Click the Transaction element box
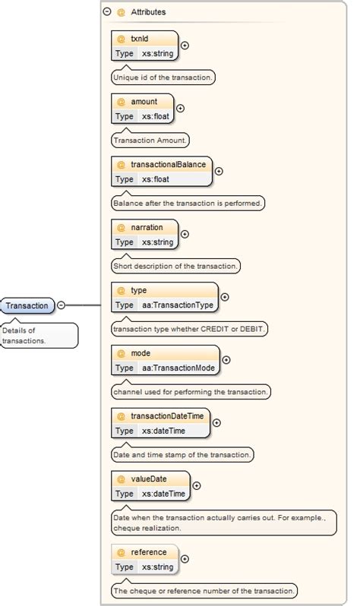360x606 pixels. [x=27, y=306]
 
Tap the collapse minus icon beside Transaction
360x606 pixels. [x=62, y=306]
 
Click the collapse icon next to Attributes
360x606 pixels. [x=107, y=12]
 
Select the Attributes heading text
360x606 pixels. [x=148, y=12]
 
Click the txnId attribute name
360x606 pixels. [x=141, y=38]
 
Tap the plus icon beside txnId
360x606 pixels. [x=185, y=46]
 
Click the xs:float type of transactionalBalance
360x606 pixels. [x=156, y=179]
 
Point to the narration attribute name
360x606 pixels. [x=147, y=227]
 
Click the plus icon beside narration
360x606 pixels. [x=185, y=235]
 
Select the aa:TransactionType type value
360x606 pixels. [x=178, y=305]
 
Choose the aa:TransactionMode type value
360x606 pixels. [x=178, y=368]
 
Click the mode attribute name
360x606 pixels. [x=141, y=353]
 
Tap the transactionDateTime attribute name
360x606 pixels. [x=167, y=416]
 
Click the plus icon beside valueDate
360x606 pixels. [x=197, y=486]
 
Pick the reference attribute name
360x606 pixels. [x=148, y=552]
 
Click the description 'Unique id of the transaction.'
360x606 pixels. [x=163, y=77]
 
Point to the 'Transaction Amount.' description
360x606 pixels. [x=150, y=140]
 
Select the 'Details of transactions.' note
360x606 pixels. [x=38, y=336]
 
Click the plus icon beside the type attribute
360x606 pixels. [x=224, y=298]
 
